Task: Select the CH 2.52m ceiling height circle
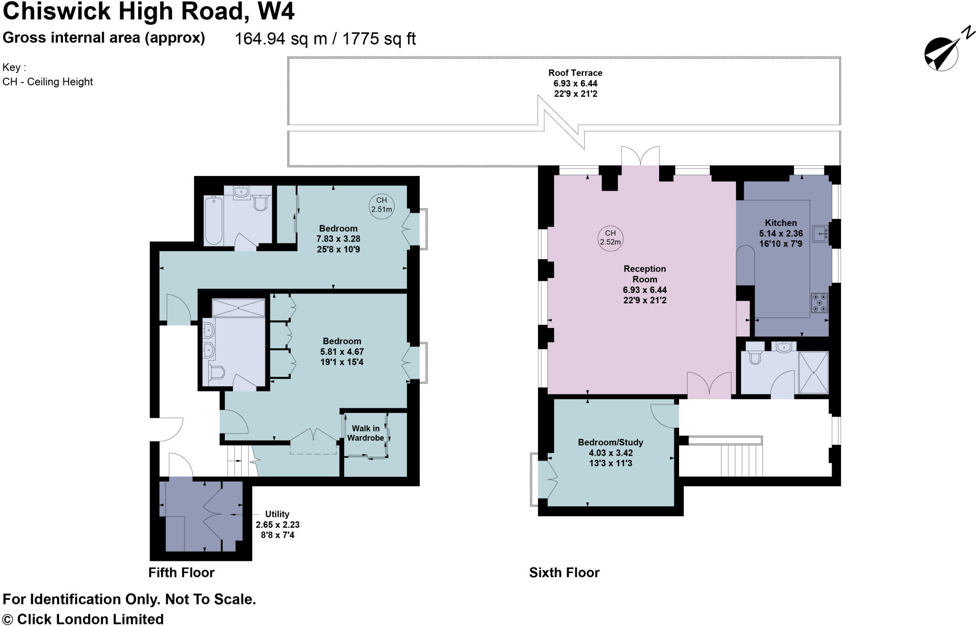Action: click(610, 237)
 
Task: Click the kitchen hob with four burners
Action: click(819, 303)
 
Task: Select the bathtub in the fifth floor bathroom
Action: click(214, 220)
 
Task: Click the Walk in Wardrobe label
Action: click(366, 433)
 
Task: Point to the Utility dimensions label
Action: click(277, 524)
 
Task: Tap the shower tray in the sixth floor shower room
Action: click(813, 372)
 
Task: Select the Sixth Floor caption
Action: click(564, 572)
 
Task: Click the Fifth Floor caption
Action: click(181, 572)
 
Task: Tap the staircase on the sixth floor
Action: click(741, 460)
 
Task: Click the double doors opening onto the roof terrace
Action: click(640, 156)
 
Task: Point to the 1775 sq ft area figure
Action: click(379, 39)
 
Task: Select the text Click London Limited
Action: click(90, 619)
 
